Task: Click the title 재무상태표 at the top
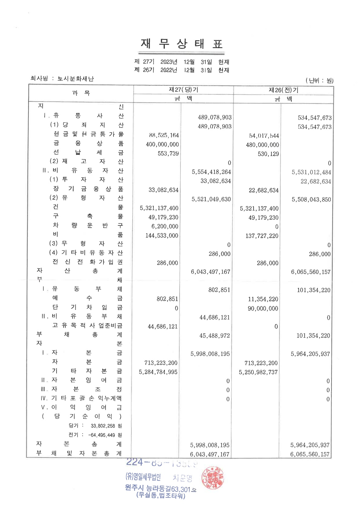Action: (182, 44)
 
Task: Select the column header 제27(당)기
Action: (183, 90)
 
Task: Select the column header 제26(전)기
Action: (283, 90)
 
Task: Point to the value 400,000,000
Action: (162, 144)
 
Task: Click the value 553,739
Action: (168, 153)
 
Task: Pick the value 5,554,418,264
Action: (211, 172)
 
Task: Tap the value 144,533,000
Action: (162, 235)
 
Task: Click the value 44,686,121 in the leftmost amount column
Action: (162, 327)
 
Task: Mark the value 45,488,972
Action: (214, 336)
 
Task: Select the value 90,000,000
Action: (263, 308)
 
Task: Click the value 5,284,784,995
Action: (158, 372)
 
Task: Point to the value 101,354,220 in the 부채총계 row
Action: (313, 336)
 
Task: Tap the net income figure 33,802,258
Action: (103, 426)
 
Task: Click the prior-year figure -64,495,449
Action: (101, 435)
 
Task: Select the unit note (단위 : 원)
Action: (319, 80)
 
